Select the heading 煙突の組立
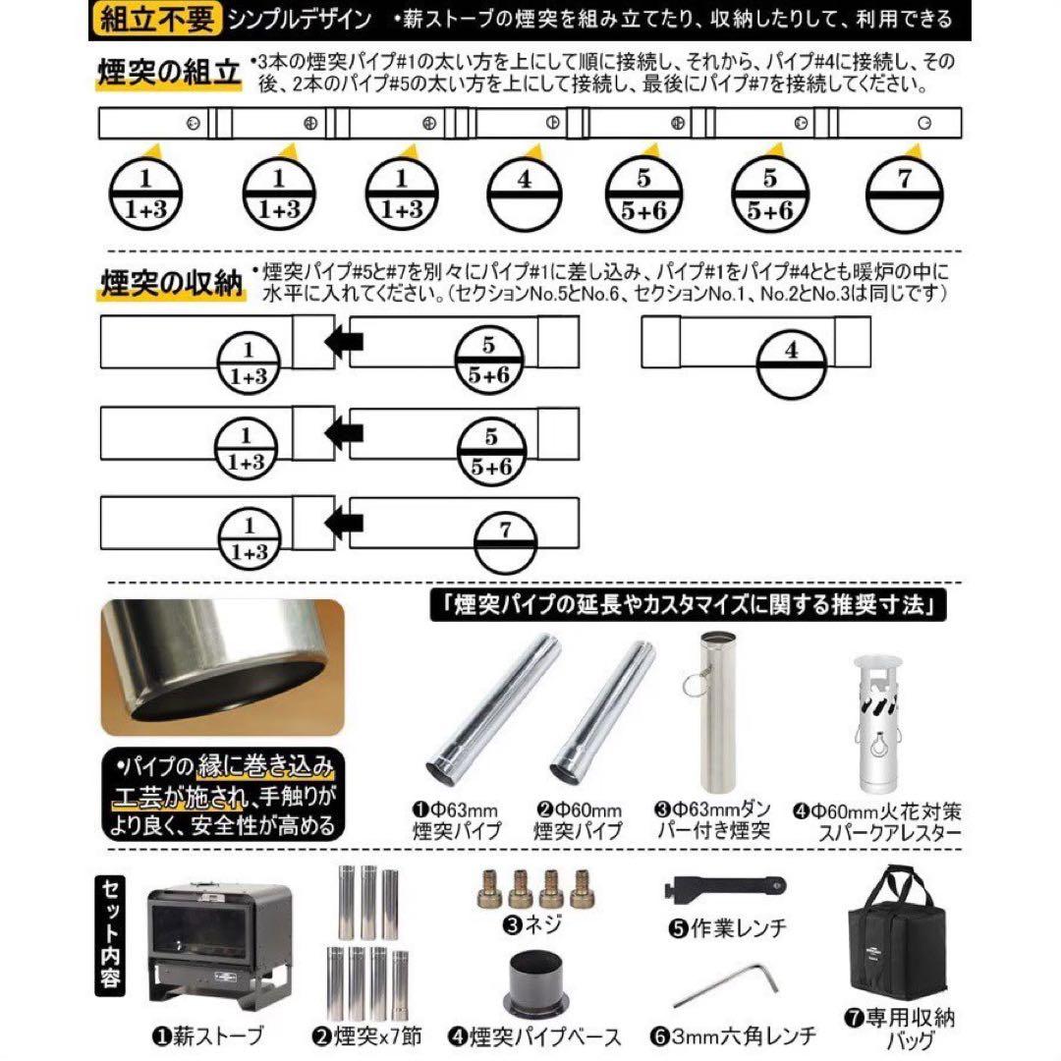[x=167, y=73]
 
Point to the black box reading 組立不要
[x=156, y=18]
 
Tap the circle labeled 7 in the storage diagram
[x=504, y=544]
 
